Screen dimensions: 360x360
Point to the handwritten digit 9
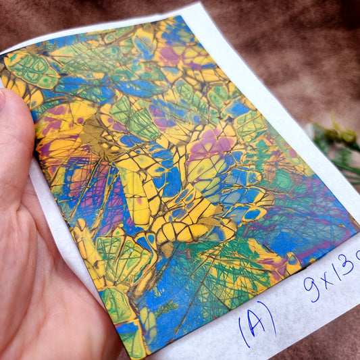tap(311, 287)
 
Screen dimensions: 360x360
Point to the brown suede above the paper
tap(284, 47)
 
